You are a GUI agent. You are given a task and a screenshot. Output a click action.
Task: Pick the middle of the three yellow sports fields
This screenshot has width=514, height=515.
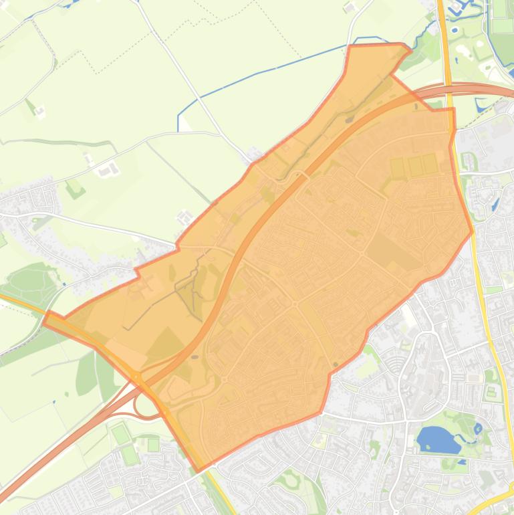[x=414, y=167]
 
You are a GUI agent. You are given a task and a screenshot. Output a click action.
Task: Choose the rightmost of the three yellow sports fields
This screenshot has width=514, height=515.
[x=430, y=164]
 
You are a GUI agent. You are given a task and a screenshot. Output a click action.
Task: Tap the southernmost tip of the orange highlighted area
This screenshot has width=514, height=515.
[x=198, y=470]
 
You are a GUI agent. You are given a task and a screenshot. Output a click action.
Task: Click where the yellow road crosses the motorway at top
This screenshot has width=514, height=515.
[x=446, y=88]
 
